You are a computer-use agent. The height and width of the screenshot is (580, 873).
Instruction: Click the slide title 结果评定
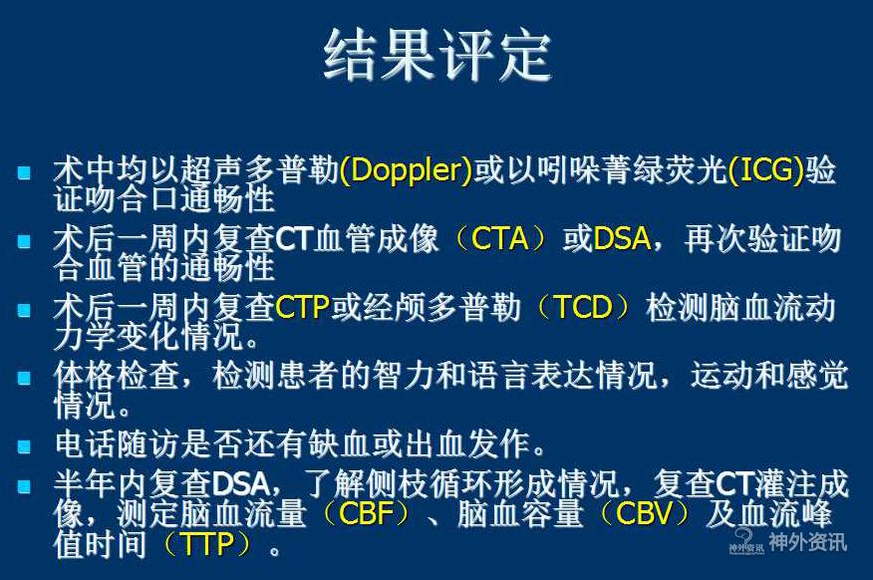437,56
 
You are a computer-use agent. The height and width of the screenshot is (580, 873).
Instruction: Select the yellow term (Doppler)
406,169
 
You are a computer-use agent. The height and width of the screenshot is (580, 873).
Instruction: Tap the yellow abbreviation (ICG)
765,169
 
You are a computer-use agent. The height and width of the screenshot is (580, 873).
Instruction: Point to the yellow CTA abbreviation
499,239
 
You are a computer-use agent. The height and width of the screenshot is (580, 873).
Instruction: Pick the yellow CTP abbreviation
303,307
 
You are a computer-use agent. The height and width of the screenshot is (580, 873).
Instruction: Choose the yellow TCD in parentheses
583,307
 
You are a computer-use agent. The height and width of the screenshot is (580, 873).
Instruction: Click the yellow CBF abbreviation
367,513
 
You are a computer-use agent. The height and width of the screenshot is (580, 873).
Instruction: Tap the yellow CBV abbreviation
645,513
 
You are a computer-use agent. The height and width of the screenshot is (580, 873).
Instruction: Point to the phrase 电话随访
117,443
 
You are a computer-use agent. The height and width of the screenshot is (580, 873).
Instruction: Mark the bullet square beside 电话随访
24,445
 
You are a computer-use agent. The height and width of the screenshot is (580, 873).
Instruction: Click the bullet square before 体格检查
24,378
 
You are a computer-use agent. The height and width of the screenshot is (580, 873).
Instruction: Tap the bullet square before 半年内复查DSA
24,486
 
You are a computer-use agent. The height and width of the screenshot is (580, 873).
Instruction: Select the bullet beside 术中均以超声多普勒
24,171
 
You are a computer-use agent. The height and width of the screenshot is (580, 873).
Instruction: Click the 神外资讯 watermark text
807,541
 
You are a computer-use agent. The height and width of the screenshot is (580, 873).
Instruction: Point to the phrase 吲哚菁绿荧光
632,169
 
